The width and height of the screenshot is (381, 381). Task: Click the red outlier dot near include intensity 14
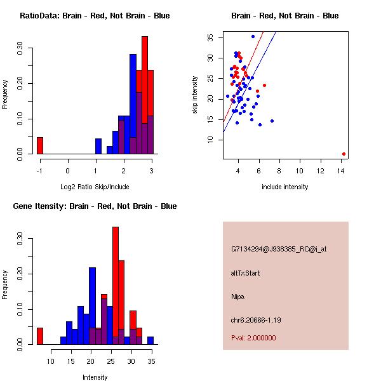(x=344, y=154)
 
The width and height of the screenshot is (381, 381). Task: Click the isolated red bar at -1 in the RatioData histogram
(x=39, y=145)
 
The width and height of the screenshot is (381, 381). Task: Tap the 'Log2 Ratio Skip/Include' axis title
(x=95, y=187)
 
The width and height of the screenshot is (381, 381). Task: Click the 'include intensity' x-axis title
(x=285, y=187)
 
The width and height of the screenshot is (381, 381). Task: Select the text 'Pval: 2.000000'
(x=253, y=338)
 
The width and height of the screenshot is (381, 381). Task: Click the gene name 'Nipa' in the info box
(x=238, y=297)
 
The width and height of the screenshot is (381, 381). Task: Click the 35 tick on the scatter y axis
(x=210, y=37)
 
